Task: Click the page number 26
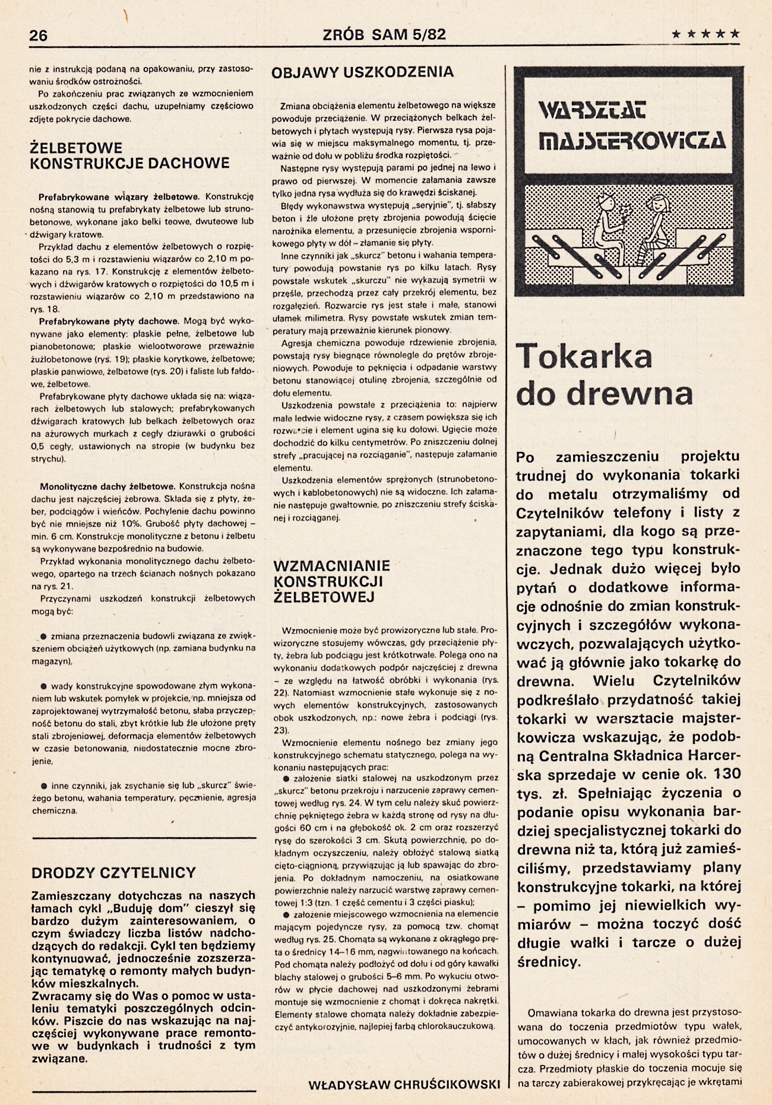coord(38,35)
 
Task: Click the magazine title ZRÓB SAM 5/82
coord(384,34)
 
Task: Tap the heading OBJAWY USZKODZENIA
coord(362,72)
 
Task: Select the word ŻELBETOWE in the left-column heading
coord(76,147)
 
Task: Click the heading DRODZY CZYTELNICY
coord(113,873)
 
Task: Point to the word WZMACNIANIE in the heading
coord(331,566)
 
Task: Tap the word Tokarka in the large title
coord(584,356)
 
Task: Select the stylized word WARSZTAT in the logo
coord(592,110)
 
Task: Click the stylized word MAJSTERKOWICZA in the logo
coord(632,141)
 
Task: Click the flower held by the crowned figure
coord(624,211)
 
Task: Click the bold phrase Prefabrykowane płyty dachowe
coord(109,321)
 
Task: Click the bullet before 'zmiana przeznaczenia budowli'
coord(44,636)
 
